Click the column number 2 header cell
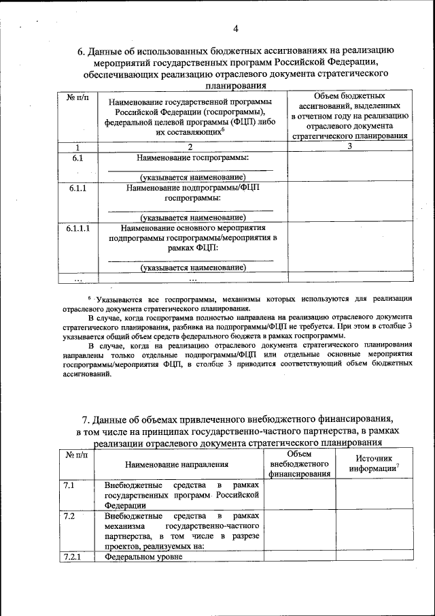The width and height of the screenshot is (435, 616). point(190,146)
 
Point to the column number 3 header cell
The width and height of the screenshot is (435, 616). point(349,146)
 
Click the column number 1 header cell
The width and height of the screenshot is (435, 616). point(77,146)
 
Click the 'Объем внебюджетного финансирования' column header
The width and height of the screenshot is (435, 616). point(299,464)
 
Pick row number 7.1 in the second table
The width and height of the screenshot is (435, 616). point(69,485)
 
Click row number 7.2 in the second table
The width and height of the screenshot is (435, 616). point(69,516)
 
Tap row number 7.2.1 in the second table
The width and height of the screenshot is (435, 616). point(71,556)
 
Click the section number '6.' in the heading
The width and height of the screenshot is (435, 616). point(82,51)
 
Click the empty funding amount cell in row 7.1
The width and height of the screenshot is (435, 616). point(299,495)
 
